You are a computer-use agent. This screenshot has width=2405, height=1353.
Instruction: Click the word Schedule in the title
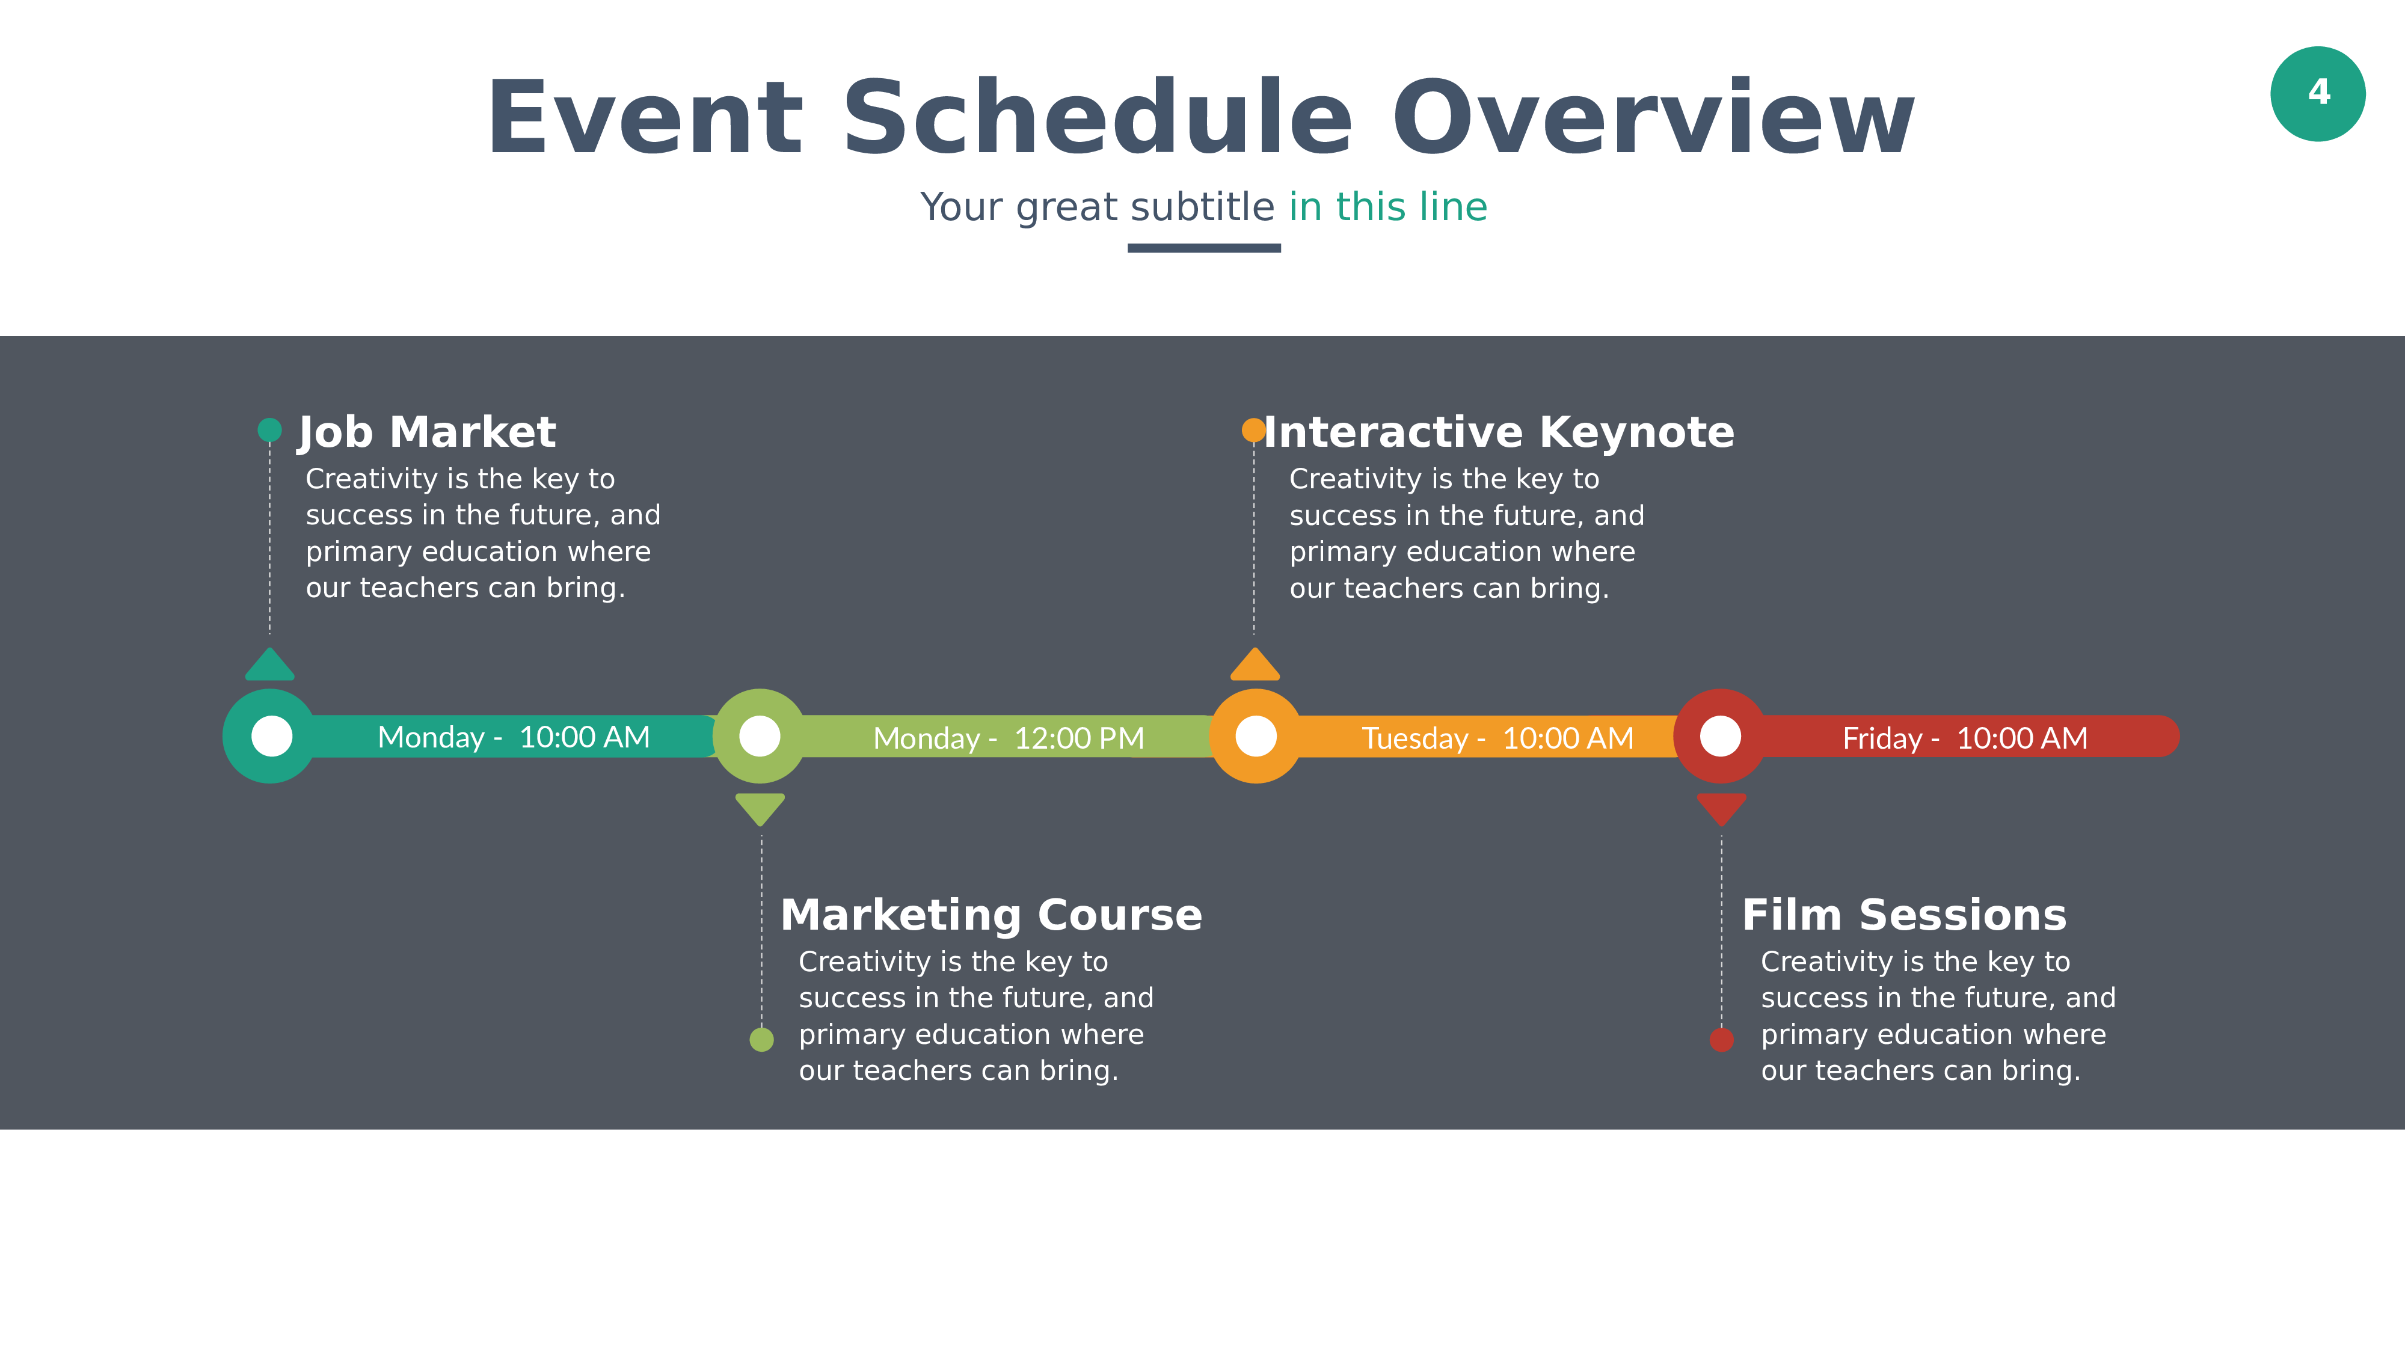(1097, 118)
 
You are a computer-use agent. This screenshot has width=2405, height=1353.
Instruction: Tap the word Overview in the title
(1653, 118)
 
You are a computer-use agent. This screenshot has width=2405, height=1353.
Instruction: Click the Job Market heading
(426, 433)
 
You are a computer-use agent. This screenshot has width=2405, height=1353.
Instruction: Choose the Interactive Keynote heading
(1499, 432)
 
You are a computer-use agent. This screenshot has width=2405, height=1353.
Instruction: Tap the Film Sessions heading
(1905, 915)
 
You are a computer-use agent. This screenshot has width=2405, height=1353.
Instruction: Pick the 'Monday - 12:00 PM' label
(1009, 738)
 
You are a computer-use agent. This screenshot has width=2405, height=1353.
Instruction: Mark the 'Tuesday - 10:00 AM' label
(1497, 738)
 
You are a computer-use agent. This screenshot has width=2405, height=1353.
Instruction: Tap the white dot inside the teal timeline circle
(272, 736)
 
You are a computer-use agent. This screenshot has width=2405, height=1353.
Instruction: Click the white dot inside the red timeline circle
(1720, 736)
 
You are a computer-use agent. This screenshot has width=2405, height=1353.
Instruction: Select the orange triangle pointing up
(1255, 666)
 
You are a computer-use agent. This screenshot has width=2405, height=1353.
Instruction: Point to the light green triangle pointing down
(760, 809)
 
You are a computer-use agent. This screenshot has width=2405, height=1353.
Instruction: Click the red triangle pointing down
(1722, 809)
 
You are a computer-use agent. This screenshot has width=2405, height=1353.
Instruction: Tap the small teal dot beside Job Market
(270, 429)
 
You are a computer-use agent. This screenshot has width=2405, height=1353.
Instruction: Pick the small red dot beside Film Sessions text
(1722, 1039)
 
